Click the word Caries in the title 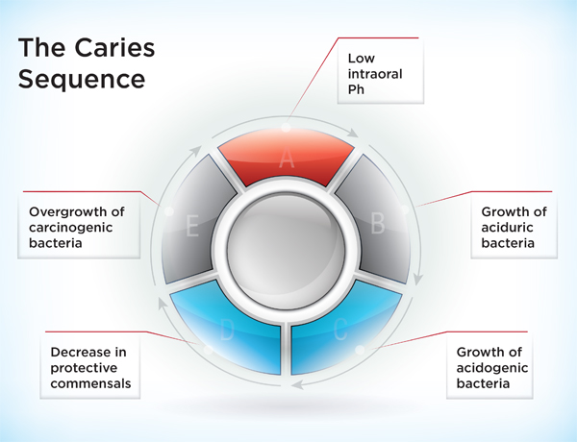(x=107, y=47)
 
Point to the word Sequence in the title (x=83, y=77)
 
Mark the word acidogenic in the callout (x=494, y=368)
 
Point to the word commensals (x=89, y=384)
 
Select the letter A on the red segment (x=286, y=160)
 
